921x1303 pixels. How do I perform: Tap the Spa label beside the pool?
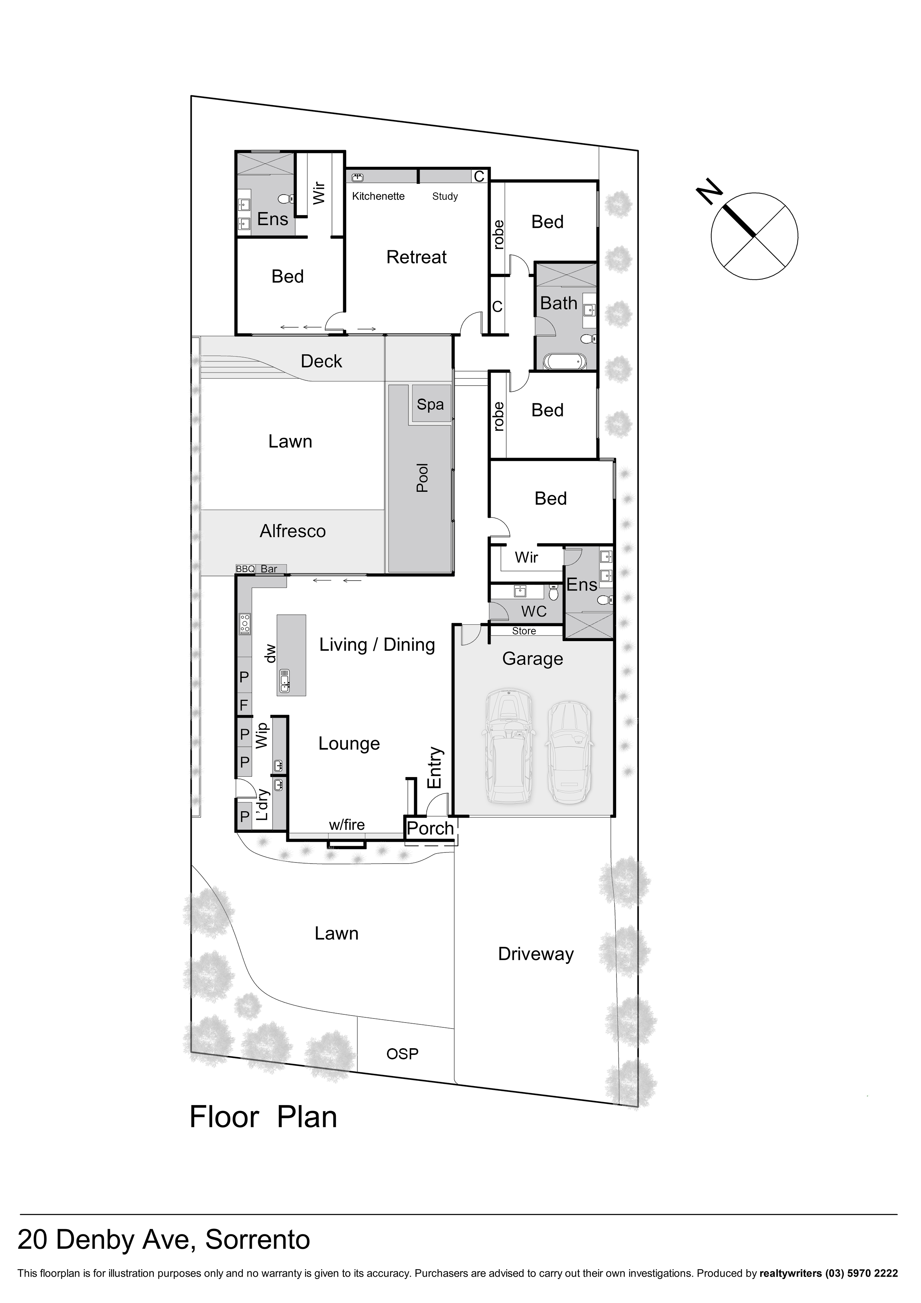click(x=430, y=404)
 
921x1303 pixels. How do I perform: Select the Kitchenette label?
click(x=378, y=196)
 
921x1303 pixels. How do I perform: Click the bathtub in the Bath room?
click(x=564, y=361)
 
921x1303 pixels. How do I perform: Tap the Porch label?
click(x=430, y=829)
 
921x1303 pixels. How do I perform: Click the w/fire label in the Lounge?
click(x=347, y=825)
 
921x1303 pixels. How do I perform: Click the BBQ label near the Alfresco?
click(x=245, y=569)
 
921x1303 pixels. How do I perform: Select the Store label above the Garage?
click(x=523, y=631)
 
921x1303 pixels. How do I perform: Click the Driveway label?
click(x=535, y=954)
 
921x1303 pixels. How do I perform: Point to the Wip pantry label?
click(x=261, y=735)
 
